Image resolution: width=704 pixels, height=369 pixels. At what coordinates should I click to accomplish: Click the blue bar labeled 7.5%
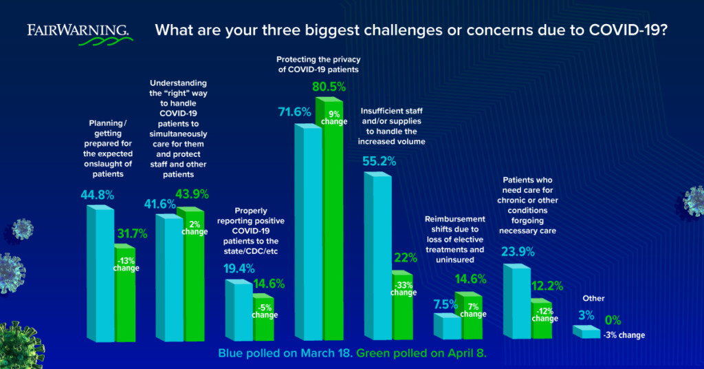tap(447, 326)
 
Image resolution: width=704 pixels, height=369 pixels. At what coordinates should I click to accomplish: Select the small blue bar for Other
tap(586, 333)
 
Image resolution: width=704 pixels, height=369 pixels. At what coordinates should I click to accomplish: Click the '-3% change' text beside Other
tap(624, 335)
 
